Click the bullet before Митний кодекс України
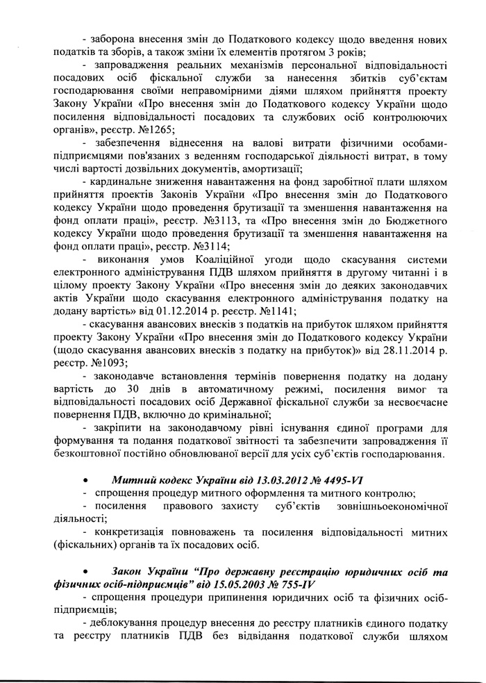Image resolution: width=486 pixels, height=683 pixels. [85, 480]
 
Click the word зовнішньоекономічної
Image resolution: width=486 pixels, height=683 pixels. [392, 507]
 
